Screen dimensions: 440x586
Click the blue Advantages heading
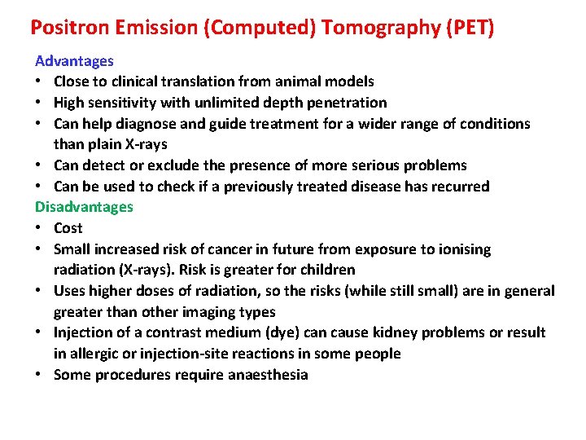(x=74, y=61)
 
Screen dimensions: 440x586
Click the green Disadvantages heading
(x=84, y=207)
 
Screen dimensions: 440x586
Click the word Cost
(x=68, y=228)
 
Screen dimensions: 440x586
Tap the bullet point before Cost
(x=39, y=228)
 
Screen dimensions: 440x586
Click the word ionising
(x=464, y=249)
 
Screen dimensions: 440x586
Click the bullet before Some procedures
(x=39, y=375)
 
